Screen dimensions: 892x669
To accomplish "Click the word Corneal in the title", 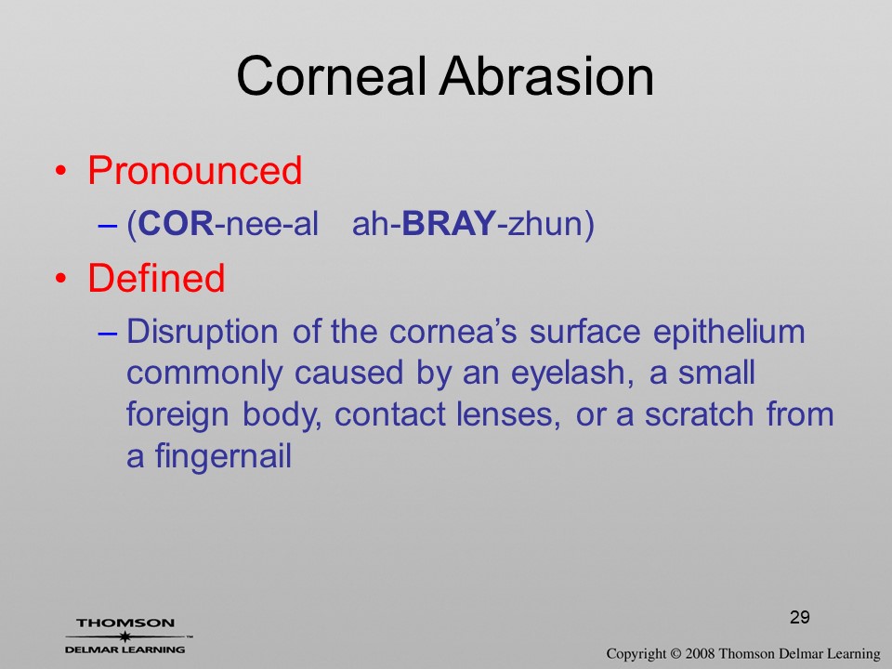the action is pyautogui.click(x=331, y=76).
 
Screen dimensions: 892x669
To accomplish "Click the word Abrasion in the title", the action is pyautogui.click(x=546, y=76).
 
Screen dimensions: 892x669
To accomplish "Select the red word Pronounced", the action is pyautogui.click(x=194, y=170).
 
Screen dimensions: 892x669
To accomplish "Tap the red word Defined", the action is pyautogui.click(x=156, y=278).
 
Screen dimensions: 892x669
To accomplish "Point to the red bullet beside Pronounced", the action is pyautogui.click(x=61, y=171).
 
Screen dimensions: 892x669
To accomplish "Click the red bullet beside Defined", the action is pyautogui.click(x=61, y=279).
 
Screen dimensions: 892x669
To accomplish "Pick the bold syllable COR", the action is pyautogui.click(x=176, y=223).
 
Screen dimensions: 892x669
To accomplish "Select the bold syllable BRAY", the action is pyautogui.click(x=449, y=223).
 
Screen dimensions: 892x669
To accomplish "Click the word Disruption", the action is pyautogui.click(x=203, y=332).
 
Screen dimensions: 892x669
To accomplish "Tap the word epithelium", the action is pyautogui.click(x=729, y=332).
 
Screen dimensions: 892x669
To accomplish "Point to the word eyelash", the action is pyautogui.click(x=571, y=374).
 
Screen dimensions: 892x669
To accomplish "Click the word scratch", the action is pyautogui.click(x=699, y=414).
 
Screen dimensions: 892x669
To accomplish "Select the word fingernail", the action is pyautogui.click(x=223, y=456).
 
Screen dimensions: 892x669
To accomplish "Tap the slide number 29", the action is pyautogui.click(x=800, y=617).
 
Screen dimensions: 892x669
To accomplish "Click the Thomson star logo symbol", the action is pyautogui.click(x=125, y=636).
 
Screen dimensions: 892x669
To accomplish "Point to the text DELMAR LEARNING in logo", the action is pyautogui.click(x=125, y=649).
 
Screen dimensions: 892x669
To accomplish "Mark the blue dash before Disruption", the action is pyautogui.click(x=108, y=333).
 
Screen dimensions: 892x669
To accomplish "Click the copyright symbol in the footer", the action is pyautogui.click(x=676, y=654).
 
